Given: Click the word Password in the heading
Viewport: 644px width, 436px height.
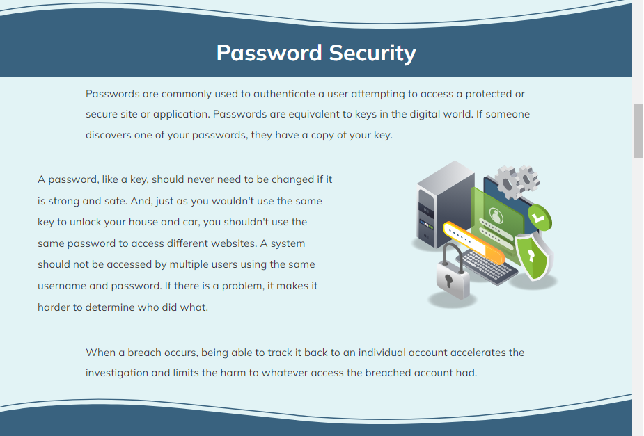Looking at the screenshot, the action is coord(269,53).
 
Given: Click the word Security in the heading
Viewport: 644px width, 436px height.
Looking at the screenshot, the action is coord(372,54).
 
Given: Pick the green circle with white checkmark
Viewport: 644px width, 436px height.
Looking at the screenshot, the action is coord(540,218).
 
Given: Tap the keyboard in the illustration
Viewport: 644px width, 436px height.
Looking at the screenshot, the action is coord(487,267).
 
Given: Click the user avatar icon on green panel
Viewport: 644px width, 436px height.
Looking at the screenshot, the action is coord(496,216).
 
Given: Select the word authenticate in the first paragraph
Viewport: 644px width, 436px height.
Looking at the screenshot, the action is coord(284,94).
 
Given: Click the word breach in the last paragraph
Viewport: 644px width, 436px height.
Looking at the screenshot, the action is coord(144,353).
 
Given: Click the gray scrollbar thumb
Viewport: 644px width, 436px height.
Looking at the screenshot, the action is coord(638,131).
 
